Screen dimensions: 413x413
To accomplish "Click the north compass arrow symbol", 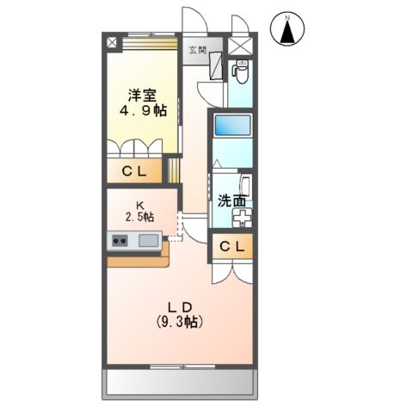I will coord(289,33).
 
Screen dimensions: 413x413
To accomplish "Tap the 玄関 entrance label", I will coord(197,50).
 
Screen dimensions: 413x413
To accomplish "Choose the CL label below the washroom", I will coord(233,247).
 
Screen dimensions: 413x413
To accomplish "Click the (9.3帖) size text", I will coord(178,322).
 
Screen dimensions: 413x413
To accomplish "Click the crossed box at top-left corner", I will coord(110,41).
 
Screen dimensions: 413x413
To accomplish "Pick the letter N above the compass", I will coord(289,15).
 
